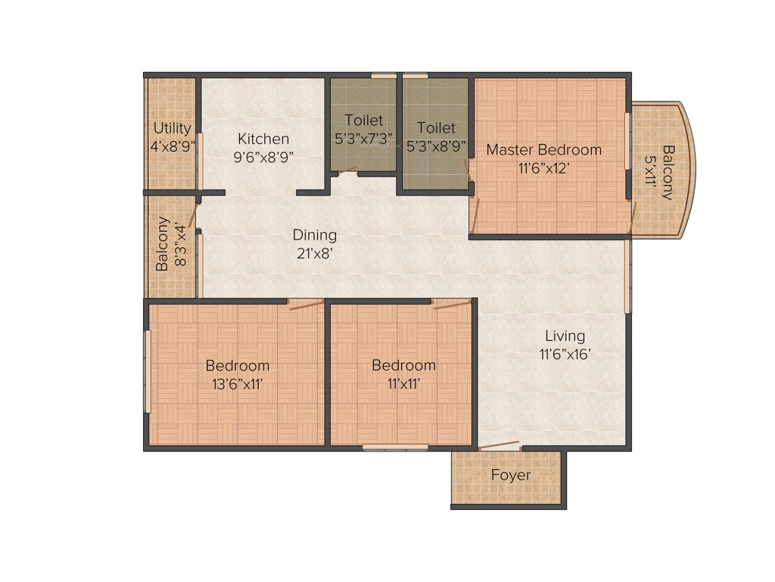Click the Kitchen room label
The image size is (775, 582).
point(263,139)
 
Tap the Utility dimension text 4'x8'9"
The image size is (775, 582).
point(173,146)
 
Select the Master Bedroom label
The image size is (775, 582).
point(543,149)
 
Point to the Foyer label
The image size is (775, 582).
point(510,476)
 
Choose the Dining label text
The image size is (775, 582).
point(315,235)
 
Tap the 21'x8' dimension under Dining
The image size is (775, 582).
point(315,254)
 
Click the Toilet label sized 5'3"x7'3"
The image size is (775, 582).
point(363,120)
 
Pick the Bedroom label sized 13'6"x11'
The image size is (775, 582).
point(238,365)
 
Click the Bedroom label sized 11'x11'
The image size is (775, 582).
point(403,365)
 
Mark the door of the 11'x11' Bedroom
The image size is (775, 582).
point(452,305)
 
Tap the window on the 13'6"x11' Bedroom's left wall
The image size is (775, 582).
point(148,371)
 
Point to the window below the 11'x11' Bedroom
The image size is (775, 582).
point(384,448)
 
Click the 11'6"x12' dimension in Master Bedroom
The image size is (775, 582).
point(543,168)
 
